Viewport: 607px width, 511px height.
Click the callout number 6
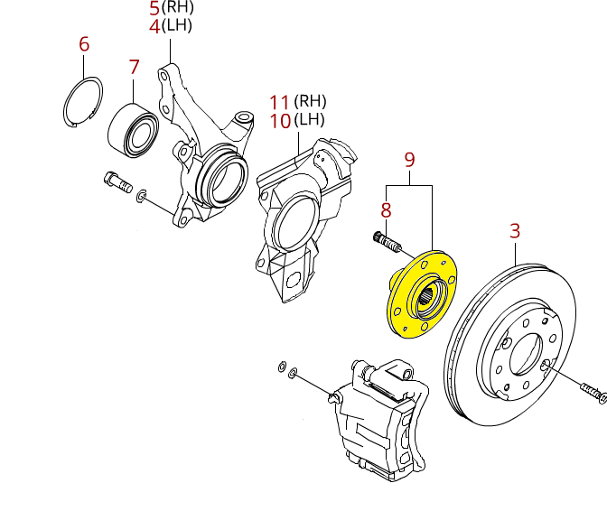coord(84,43)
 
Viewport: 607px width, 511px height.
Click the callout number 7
coord(133,67)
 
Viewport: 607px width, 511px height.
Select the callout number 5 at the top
coord(154,9)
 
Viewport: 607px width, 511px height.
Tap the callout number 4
coord(154,26)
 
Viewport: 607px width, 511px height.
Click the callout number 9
coord(409,160)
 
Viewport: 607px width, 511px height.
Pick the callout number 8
coord(386,211)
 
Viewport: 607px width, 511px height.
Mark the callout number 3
coord(515,231)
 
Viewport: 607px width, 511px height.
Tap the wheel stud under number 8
coord(385,241)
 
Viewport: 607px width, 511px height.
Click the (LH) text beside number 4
coord(178,26)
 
